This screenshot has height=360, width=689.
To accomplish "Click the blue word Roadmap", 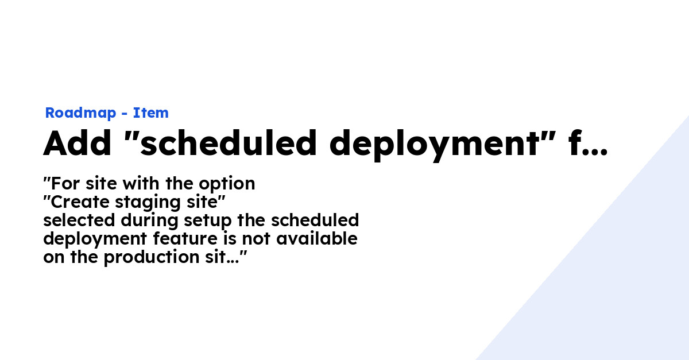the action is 80,113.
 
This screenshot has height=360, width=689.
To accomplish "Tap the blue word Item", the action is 150,113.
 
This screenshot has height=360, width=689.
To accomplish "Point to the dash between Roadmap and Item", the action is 124,114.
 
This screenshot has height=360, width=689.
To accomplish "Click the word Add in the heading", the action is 77,143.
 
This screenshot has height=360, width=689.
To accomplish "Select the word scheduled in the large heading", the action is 228,143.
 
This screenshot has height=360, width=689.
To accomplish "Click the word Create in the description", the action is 80,202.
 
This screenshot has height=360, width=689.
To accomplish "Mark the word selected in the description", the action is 79,220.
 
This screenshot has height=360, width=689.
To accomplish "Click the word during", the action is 149,220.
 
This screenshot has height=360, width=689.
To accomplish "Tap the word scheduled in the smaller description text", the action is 315,220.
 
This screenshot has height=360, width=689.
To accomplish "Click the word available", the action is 317,239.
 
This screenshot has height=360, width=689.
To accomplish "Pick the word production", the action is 152,258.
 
